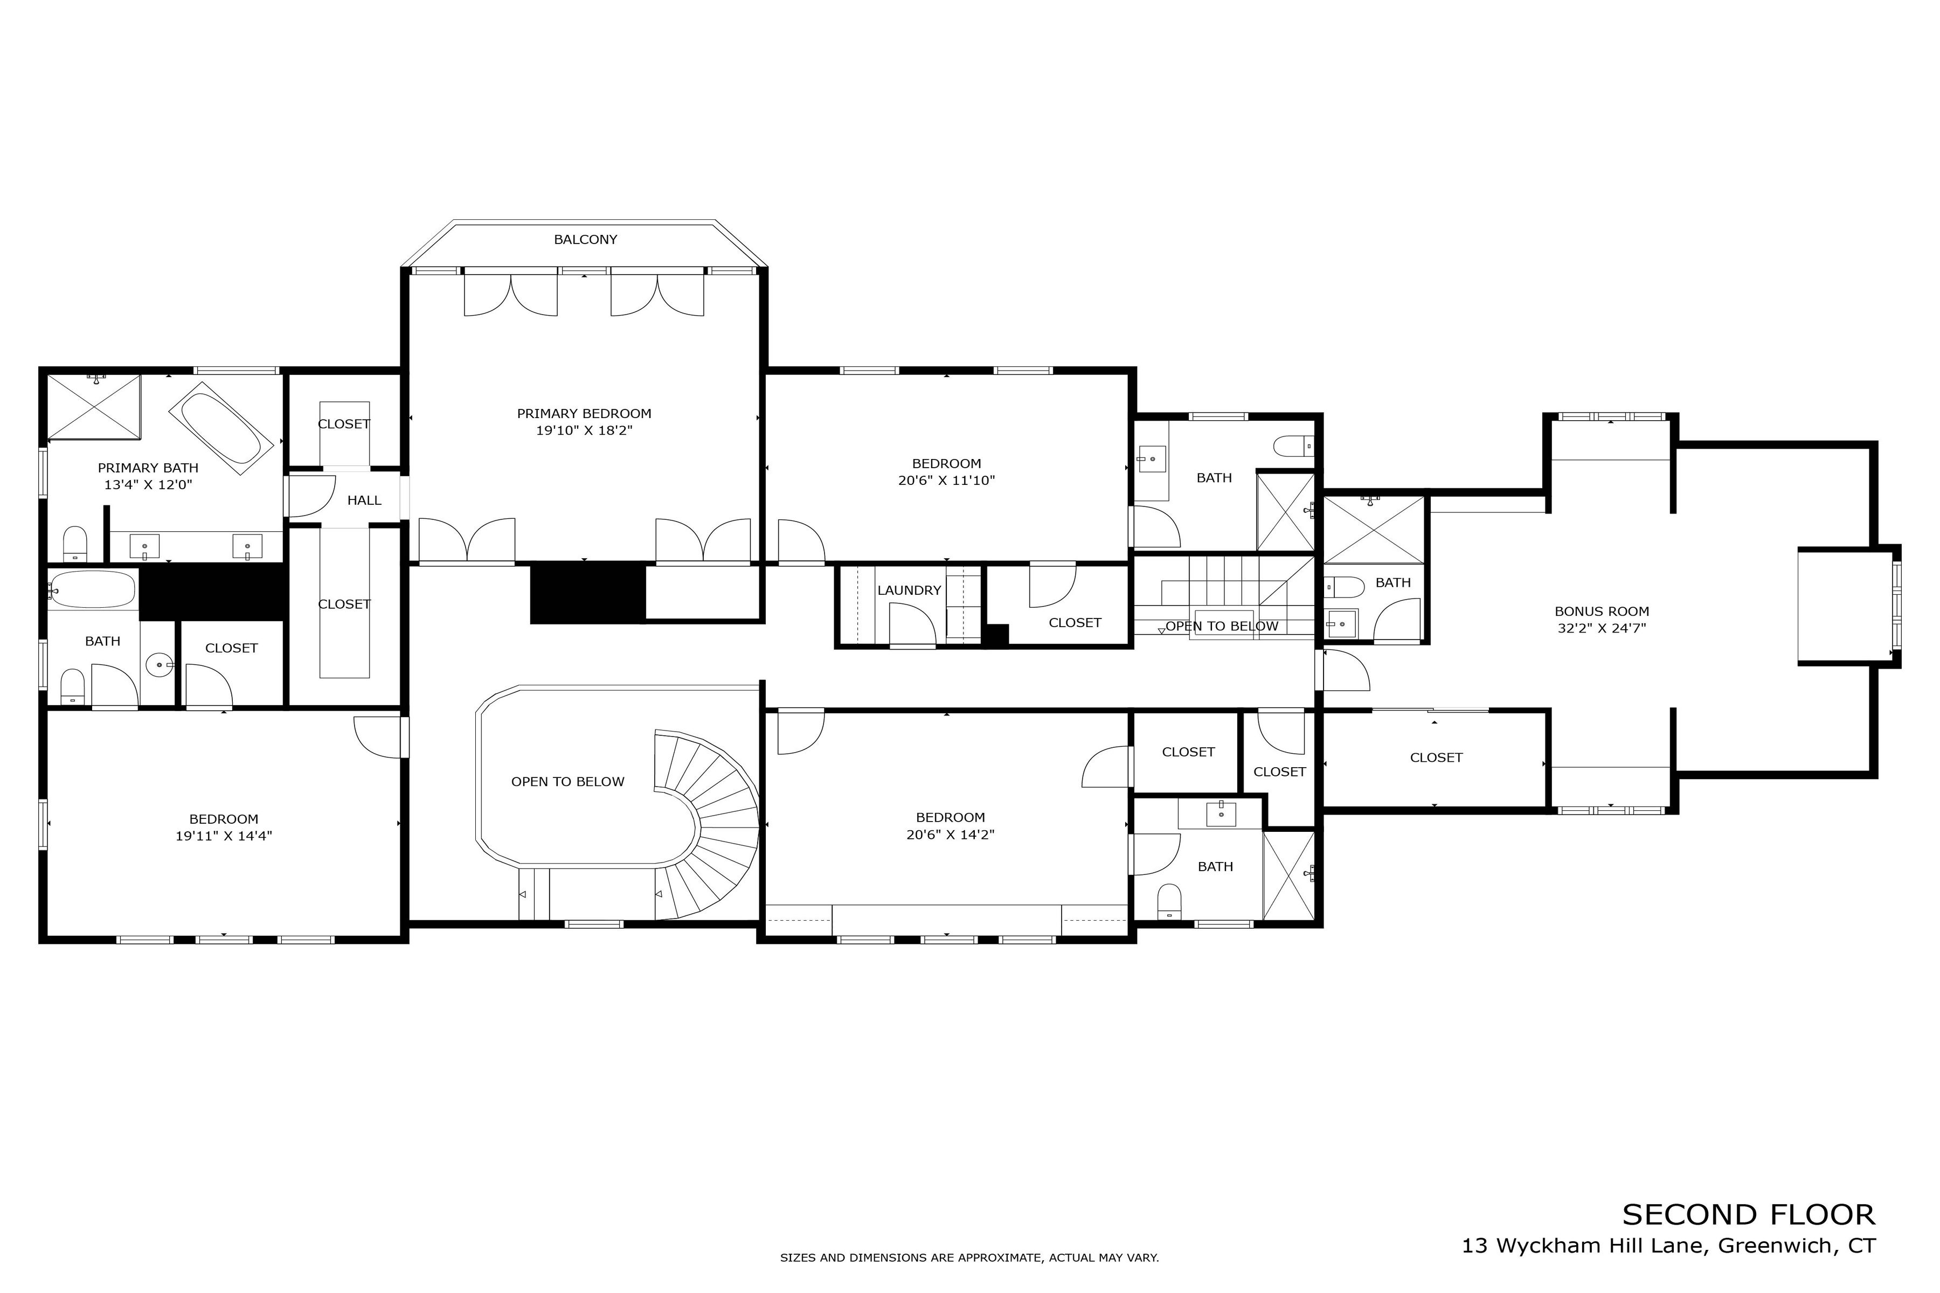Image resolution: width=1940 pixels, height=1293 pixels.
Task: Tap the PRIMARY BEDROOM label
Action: point(584,414)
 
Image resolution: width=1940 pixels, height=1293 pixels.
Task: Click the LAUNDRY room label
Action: point(909,590)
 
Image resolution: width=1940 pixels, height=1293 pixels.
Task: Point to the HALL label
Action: point(364,500)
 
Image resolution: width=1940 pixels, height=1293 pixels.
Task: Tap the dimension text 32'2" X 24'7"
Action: point(1602,628)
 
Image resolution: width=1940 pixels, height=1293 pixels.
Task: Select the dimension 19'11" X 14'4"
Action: point(224,836)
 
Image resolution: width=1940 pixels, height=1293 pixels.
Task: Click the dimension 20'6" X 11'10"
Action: point(946,481)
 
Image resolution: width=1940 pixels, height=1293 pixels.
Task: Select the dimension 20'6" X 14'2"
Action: point(950,835)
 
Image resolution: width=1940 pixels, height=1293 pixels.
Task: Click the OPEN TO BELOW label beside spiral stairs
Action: point(567,782)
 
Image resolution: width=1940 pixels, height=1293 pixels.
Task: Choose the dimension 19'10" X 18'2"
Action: point(584,430)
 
